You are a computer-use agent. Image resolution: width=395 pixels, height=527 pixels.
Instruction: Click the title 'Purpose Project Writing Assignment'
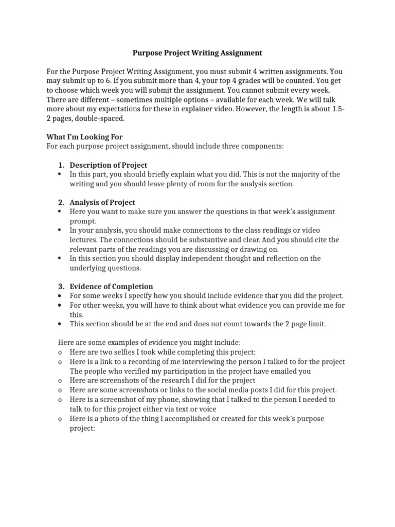click(x=197, y=53)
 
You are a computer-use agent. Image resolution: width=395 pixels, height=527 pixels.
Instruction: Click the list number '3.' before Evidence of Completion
click(x=61, y=286)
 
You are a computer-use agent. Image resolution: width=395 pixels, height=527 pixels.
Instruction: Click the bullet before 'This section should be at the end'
click(x=61, y=324)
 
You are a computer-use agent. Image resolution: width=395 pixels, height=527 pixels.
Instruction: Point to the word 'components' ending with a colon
click(x=262, y=146)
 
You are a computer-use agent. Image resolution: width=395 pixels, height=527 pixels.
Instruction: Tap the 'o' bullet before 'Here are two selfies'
click(x=61, y=353)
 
